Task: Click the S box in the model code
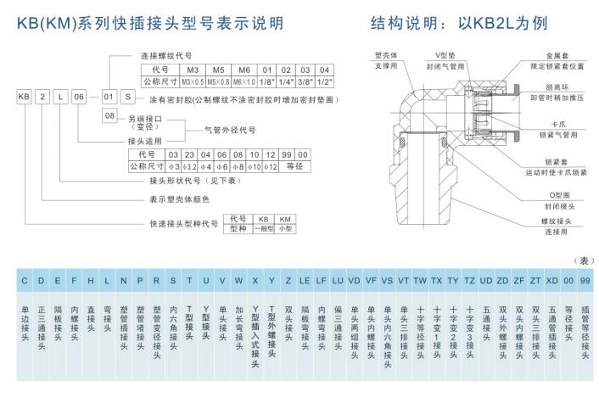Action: [x=126, y=98]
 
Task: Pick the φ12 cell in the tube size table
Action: [x=271, y=166]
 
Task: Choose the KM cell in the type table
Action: [x=286, y=219]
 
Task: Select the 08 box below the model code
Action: [x=109, y=115]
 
